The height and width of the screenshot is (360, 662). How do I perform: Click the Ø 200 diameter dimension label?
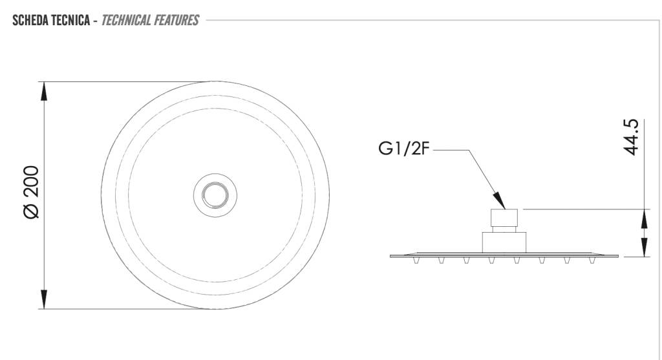point(32,192)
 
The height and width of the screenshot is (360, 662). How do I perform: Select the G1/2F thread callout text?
point(403,149)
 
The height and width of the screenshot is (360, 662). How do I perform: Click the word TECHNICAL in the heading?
point(126,20)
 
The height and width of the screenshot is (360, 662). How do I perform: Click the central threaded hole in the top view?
point(215,195)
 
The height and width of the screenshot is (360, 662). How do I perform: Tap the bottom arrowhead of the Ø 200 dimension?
point(44,299)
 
